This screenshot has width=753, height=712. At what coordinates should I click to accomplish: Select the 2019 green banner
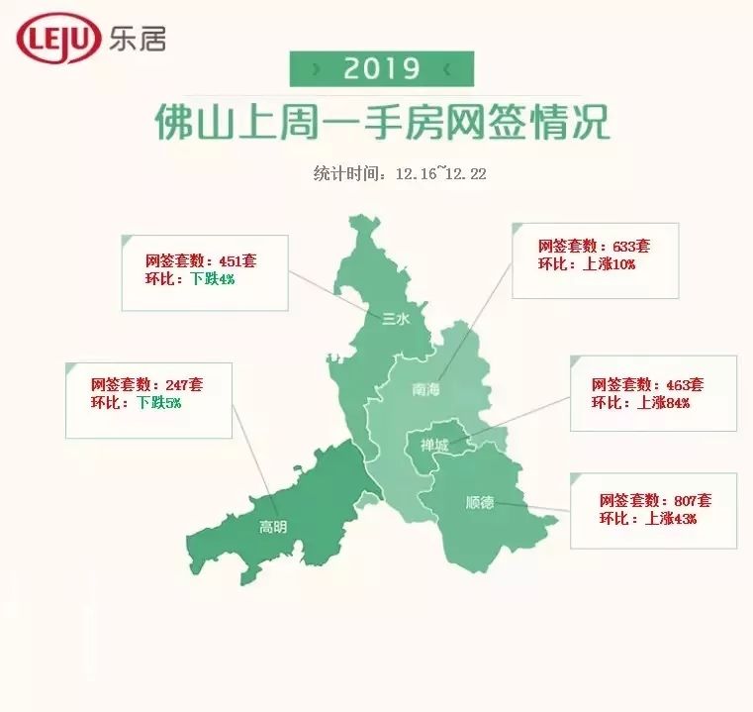(381, 68)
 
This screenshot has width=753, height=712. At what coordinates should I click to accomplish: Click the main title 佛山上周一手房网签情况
(382, 123)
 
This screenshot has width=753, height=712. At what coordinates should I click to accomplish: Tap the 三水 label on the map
(395, 318)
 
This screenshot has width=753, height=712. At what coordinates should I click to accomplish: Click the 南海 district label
(425, 390)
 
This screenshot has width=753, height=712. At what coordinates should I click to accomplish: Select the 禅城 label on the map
(433, 446)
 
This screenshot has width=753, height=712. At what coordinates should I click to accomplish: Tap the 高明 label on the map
(273, 527)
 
